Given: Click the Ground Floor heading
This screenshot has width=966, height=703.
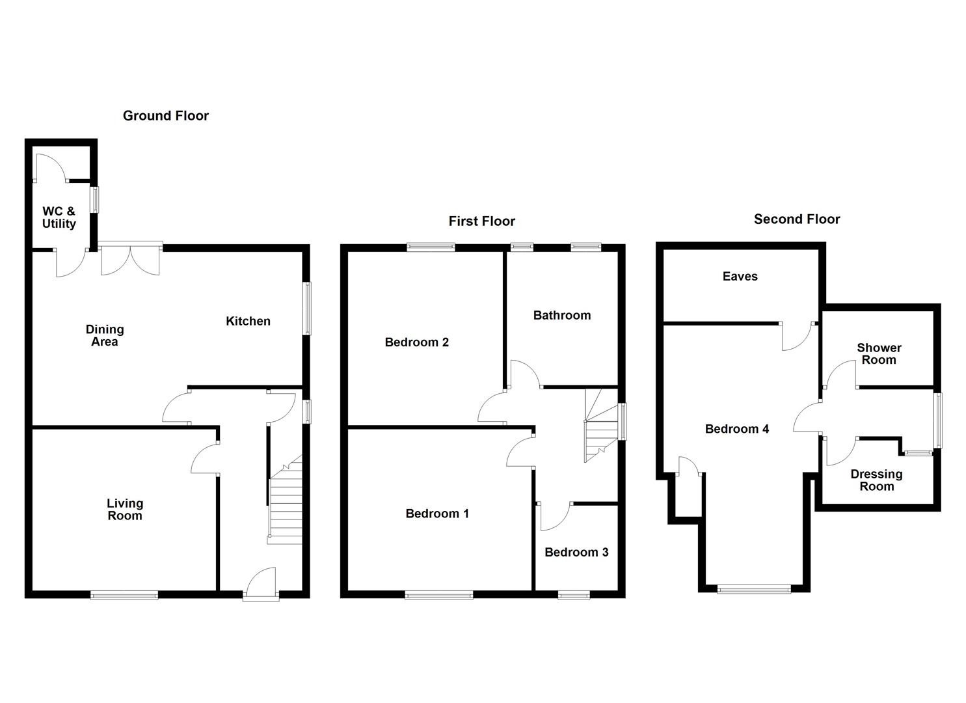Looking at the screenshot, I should click(x=165, y=116).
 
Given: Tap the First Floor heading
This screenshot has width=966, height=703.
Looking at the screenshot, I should click(x=481, y=221).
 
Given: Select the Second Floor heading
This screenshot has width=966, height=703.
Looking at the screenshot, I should click(x=796, y=219).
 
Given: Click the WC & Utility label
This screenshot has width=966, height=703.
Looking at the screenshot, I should click(x=59, y=217).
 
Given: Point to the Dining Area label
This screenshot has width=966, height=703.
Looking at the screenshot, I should click(x=104, y=335).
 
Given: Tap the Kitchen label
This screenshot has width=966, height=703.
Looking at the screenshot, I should click(x=248, y=321).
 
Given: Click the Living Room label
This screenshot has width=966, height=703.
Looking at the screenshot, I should click(x=124, y=509).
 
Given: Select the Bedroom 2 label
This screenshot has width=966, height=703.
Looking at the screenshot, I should click(x=416, y=342).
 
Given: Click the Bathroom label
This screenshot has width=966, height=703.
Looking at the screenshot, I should click(x=561, y=315).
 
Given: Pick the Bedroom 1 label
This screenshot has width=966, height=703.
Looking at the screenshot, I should click(x=436, y=514).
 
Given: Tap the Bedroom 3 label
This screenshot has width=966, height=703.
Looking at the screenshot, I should click(x=576, y=552).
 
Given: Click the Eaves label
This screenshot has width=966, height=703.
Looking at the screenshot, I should click(x=740, y=276).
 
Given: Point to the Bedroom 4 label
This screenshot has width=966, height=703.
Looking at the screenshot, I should click(x=736, y=429).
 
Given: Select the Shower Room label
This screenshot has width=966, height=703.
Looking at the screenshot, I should click(x=878, y=353).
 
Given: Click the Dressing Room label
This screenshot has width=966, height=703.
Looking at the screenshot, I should click(x=876, y=480).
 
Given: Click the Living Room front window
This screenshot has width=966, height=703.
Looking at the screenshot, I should click(x=124, y=594).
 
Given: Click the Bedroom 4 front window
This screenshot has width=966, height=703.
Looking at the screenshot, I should click(x=753, y=589).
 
